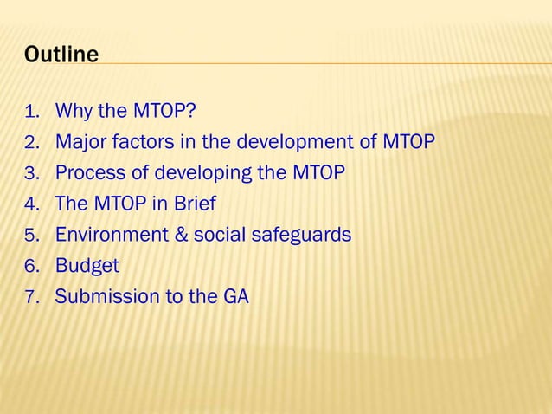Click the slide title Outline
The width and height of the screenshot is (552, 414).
[61, 55]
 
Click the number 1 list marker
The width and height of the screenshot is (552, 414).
[32, 112]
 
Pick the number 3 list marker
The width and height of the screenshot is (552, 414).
[32, 172]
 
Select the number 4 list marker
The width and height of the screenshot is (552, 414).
[32, 204]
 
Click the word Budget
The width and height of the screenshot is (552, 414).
[87, 265]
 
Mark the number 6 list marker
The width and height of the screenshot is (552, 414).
[32, 265]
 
